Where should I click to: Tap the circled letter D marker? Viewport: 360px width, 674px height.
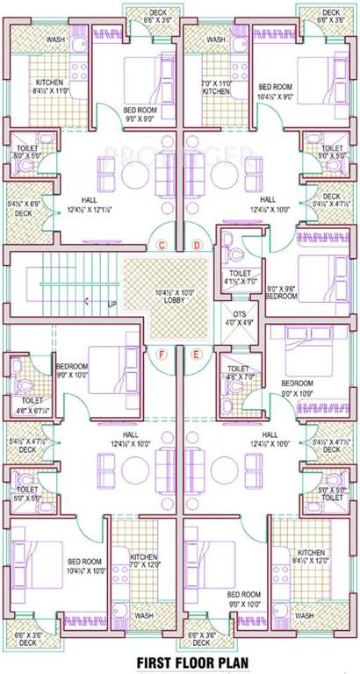click(x=197, y=244)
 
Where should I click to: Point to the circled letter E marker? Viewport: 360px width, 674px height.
click(x=197, y=354)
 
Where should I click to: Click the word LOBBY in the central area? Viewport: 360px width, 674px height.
click(x=167, y=299)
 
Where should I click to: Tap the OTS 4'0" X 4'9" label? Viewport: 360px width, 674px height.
click(x=239, y=319)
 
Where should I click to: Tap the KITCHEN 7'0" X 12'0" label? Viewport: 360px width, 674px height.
click(x=144, y=560)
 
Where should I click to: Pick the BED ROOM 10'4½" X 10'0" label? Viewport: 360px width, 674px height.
click(x=84, y=566)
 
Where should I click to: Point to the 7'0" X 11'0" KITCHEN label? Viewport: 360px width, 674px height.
click(x=216, y=85)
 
